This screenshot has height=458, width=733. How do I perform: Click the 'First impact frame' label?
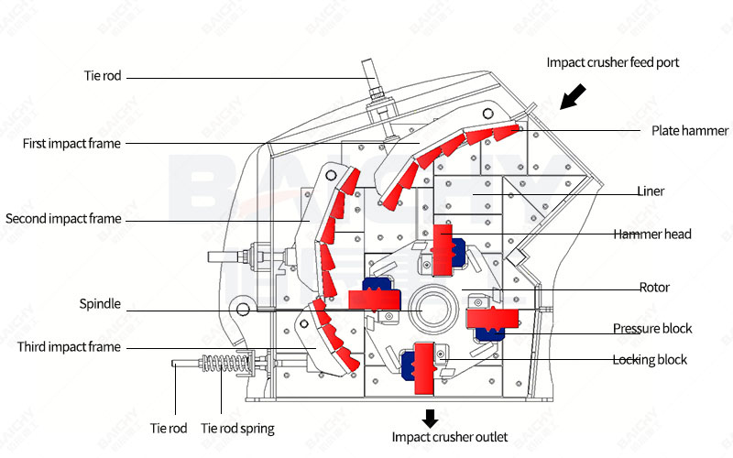pyautogui.click(x=71, y=144)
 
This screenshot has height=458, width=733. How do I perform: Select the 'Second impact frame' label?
pyautogui.click(x=63, y=219)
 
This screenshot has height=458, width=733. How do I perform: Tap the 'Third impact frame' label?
pyautogui.click(x=70, y=347)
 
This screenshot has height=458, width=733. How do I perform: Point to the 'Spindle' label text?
pyautogui.click(x=100, y=304)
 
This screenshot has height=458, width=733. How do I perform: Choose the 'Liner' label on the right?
pyautogui.click(x=651, y=191)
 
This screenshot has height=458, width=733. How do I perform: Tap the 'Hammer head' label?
pyautogui.click(x=652, y=234)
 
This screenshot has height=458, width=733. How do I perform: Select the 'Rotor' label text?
pyautogui.click(x=654, y=288)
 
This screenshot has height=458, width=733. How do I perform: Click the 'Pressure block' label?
pyautogui.click(x=652, y=328)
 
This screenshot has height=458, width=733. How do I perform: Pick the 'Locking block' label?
pyautogui.click(x=650, y=360)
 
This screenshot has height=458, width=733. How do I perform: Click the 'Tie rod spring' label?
pyautogui.click(x=237, y=428)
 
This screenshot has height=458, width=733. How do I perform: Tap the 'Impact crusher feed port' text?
pyautogui.click(x=612, y=63)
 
